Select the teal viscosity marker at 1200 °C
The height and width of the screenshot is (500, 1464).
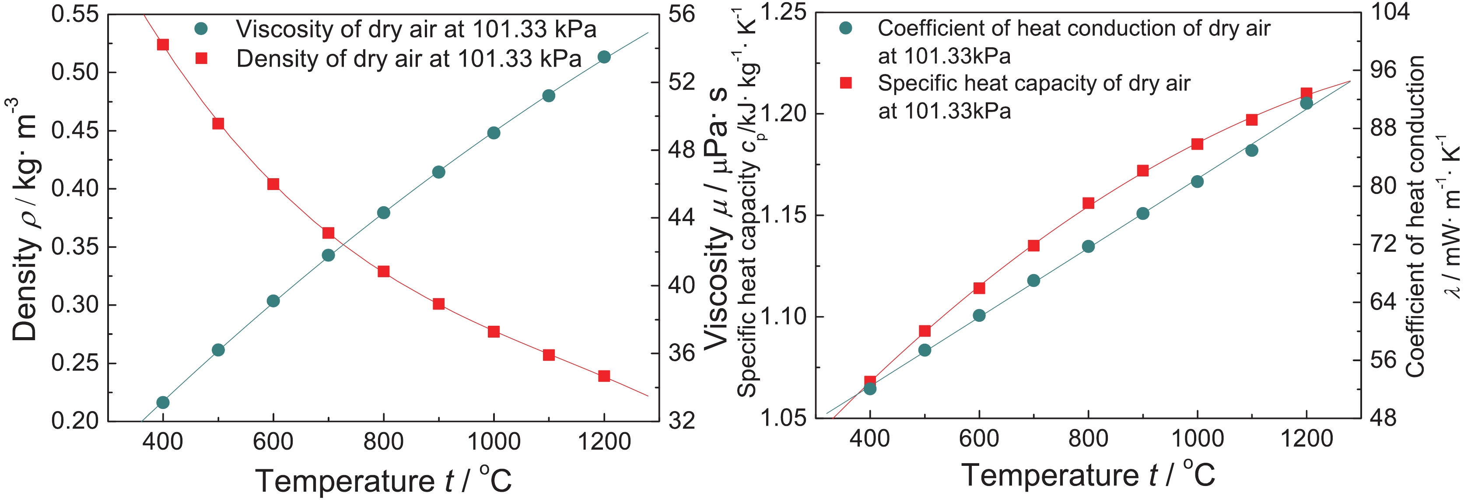click(604, 57)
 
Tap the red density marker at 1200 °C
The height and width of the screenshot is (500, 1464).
click(604, 376)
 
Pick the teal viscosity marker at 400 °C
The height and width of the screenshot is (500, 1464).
click(162, 402)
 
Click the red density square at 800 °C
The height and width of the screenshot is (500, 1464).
click(384, 271)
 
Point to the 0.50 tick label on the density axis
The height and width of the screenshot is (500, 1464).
click(74, 72)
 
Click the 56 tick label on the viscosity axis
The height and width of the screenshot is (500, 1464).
click(681, 14)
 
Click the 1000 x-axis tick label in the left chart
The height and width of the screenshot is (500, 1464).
click(493, 441)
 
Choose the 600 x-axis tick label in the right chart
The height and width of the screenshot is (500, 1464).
click(979, 439)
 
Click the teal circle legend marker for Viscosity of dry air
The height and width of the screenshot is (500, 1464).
click(201, 29)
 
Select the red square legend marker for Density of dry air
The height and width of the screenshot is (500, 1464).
click(201, 58)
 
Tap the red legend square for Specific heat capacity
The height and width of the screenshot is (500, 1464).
click(846, 83)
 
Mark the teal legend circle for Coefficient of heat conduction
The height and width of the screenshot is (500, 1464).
click(846, 28)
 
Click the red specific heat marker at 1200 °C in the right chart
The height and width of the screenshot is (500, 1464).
click(1306, 94)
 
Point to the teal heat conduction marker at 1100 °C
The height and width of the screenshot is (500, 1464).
click(1251, 151)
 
